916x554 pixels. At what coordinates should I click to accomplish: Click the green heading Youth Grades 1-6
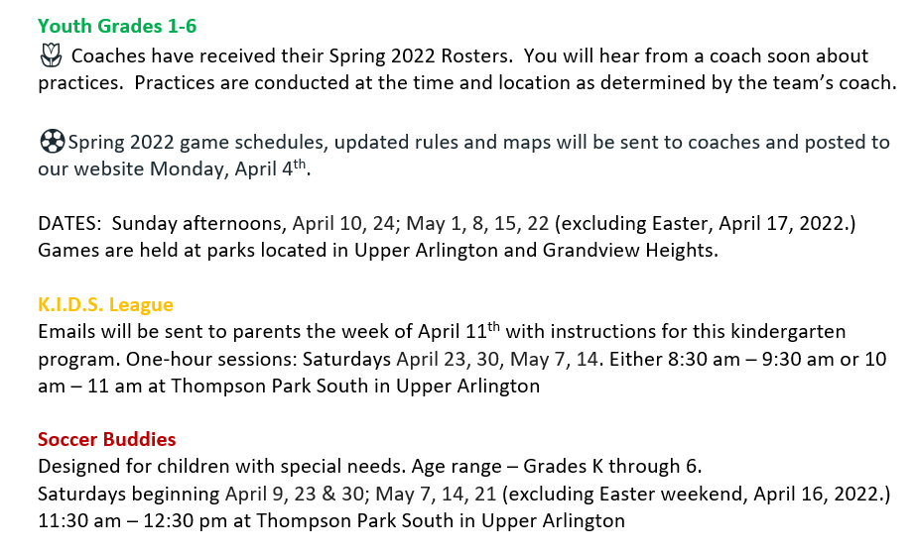coord(117,26)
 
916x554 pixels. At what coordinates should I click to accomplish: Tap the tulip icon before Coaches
coord(51,55)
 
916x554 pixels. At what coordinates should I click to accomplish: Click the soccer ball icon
coord(52,142)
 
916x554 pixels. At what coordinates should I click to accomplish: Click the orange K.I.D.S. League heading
coord(106,305)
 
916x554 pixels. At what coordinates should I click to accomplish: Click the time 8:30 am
coord(704,359)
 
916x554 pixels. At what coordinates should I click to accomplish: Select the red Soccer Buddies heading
coord(107,439)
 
